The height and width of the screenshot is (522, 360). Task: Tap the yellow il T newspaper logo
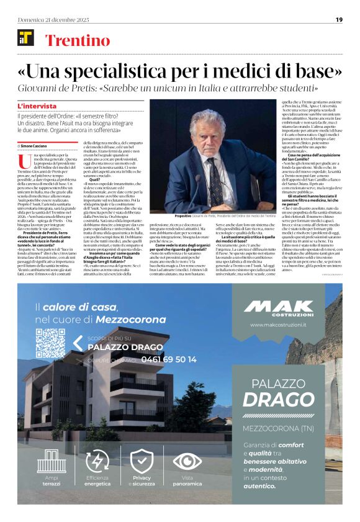coord(25,38)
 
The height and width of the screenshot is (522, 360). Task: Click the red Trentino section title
coord(78,41)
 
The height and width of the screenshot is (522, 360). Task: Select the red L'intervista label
coord(37,106)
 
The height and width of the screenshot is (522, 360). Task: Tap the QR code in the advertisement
coord(50,343)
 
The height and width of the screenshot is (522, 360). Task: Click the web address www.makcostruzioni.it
coord(277,325)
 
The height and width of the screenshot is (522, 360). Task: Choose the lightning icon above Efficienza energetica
coord(97,461)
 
